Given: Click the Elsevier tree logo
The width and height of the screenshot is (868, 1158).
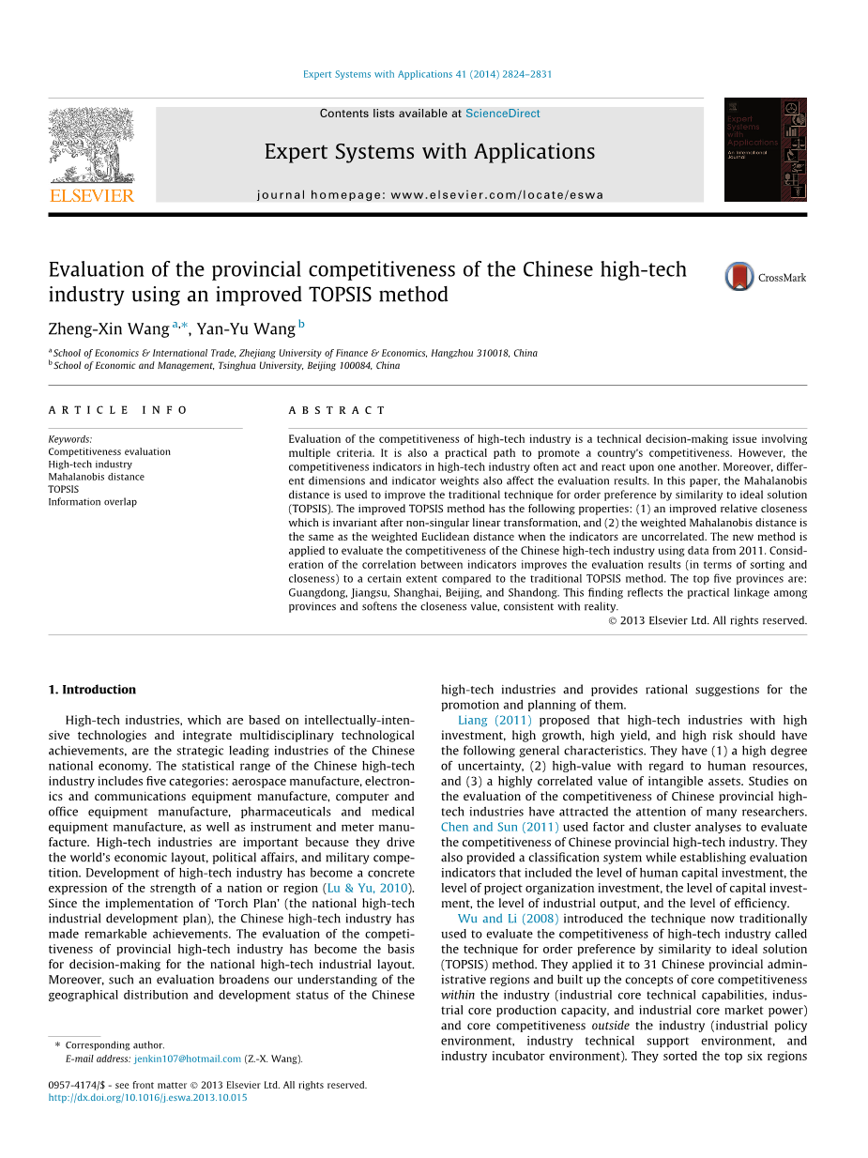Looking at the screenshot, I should click(91, 145).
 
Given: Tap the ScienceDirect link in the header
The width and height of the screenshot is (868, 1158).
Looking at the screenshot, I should click(502, 114).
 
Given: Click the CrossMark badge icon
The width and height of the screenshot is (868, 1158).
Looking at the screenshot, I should click(739, 277).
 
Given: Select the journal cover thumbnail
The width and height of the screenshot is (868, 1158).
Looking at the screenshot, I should click(765, 149).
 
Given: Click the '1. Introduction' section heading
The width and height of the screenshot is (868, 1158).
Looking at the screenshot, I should click(92, 690).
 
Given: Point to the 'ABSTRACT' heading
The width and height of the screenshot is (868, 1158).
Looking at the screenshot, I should click(337, 410).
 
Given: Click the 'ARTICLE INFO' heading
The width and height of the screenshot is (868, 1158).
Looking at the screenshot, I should click(118, 410).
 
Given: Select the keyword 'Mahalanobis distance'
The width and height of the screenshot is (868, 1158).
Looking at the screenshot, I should click(96, 477).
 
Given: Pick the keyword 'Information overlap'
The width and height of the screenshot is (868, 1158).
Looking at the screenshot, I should click(92, 502).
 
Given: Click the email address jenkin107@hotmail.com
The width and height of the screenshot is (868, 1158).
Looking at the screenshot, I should click(188, 1059).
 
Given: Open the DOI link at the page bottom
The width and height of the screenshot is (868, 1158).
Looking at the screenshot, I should click(147, 1098).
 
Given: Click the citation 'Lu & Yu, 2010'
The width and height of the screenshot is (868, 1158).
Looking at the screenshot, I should click(368, 888).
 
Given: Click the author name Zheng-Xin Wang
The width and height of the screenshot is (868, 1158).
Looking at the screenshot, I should click(109, 328).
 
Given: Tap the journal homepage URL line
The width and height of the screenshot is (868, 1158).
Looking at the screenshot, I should click(430, 195).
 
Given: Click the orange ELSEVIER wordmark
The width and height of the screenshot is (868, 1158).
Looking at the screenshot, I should click(91, 196).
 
